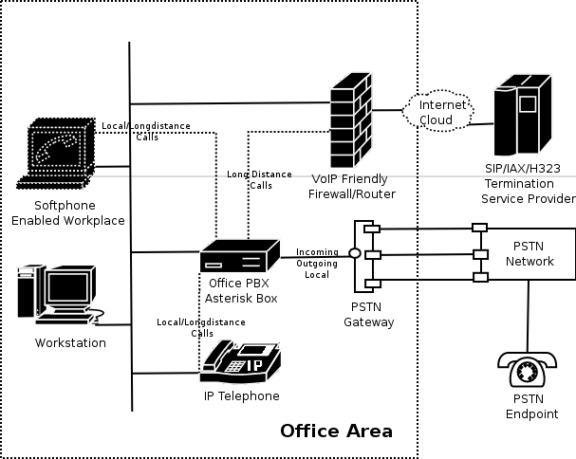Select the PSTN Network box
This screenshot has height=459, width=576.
(x=529, y=254)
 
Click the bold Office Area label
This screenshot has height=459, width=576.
(x=336, y=431)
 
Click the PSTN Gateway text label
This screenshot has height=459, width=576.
(x=369, y=315)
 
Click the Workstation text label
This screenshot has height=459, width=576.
(x=70, y=342)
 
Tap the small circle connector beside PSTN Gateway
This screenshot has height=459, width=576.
(x=355, y=254)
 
